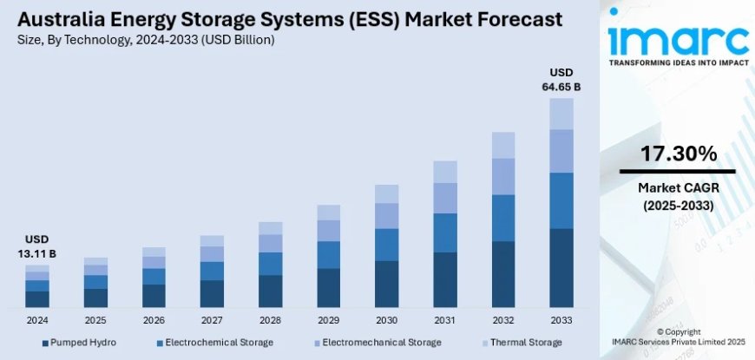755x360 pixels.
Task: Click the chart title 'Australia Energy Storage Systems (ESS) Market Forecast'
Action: pos(283,19)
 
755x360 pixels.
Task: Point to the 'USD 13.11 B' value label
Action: pos(36,245)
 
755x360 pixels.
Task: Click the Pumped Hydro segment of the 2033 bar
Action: pos(561,268)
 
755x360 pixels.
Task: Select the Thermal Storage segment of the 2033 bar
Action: pos(561,114)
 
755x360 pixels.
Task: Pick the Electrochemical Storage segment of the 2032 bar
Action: pos(503,218)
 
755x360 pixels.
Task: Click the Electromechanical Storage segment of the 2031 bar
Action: pos(445,198)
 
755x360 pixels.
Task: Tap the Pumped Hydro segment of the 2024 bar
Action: pos(37,299)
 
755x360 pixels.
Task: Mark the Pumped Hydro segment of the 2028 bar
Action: pos(271,291)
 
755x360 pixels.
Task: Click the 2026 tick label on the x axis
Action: pos(154,320)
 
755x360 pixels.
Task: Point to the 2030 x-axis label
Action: pos(387,320)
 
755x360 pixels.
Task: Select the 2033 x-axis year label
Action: pos(561,320)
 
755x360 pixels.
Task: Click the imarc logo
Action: pos(678,39)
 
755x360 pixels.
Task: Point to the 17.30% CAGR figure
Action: pos(678,154)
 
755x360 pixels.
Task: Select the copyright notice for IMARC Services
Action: pos(678,337)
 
